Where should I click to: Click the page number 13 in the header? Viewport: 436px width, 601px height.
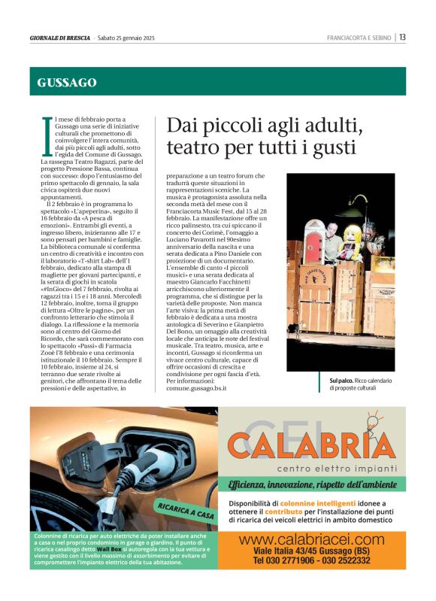(403, 37)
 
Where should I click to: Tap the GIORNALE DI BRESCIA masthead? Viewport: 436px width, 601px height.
(60, 38)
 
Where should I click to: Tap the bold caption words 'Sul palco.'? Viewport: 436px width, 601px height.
(333, 381)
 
